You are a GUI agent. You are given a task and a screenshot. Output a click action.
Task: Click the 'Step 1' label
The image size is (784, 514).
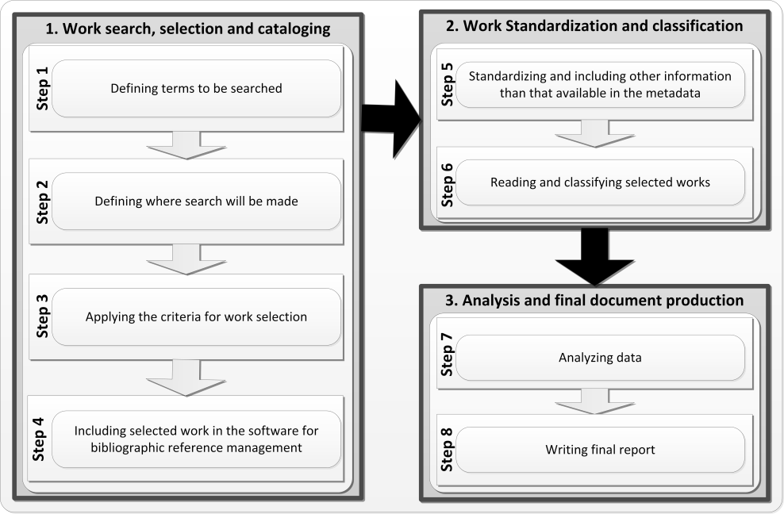[43, 88]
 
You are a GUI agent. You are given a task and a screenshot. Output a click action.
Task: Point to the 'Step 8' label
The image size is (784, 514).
[448, 450]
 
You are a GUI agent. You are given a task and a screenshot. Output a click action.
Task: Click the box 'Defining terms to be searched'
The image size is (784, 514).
[196, 88]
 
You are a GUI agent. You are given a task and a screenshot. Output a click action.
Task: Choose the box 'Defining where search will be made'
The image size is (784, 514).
[196, 201]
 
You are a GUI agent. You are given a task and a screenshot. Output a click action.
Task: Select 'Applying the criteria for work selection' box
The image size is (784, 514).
[196, 316]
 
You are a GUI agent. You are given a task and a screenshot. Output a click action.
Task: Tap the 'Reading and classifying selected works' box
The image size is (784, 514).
[600, 182]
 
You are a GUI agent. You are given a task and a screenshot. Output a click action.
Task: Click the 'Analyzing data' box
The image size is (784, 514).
[600, 358]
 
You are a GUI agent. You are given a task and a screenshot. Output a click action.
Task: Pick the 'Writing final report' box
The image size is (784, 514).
[600, 450]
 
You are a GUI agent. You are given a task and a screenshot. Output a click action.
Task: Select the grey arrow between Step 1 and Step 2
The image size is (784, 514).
[186, 145]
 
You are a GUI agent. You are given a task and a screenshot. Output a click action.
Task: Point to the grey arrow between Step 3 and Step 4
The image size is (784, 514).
[186, 377]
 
